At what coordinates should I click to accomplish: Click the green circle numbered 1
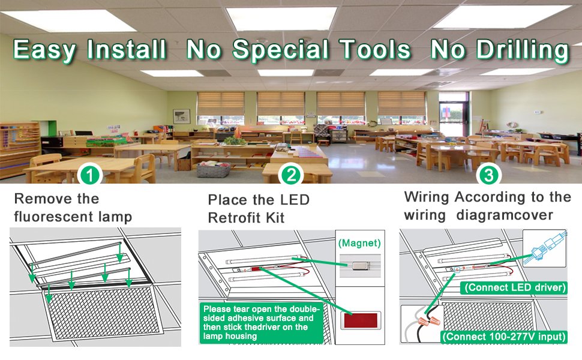pos(89,175)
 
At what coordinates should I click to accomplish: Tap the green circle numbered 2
pos(292,175)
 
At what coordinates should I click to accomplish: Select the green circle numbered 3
pos(489,175)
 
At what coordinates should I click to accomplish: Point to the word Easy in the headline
pos(44,50)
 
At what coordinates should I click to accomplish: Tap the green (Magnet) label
pos(359,243)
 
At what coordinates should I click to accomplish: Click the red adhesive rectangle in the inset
pos(361,320)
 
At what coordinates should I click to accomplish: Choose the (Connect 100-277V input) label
pos(504,337)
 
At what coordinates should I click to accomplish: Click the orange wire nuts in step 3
pos(428,320)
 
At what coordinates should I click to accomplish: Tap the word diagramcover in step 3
pos(505,215)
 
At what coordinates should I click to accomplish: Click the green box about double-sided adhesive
pos(262,323)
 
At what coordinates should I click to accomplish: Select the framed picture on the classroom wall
pos(182,116)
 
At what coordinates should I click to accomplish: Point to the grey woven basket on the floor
pos(213,170)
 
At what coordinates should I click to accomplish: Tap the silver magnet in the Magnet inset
pos(359,265)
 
